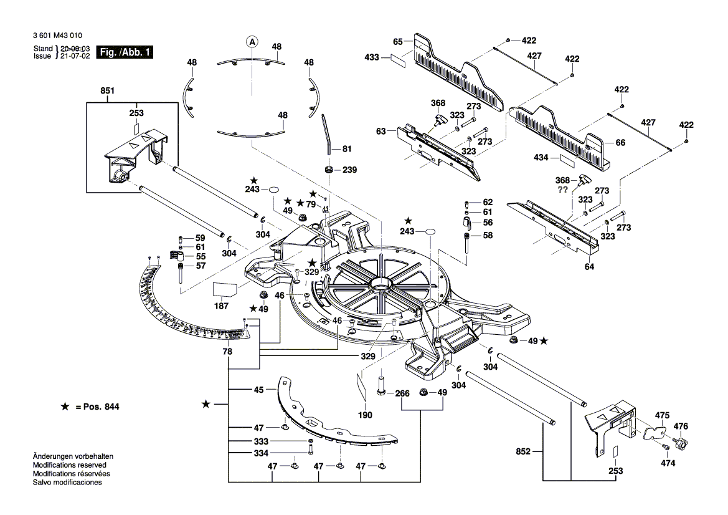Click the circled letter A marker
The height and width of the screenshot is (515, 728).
click(x=252, y=42)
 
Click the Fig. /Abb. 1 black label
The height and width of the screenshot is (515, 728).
click(x=125, y=52)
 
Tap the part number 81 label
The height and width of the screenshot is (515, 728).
click(x=347, y=148)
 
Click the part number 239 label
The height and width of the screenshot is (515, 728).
click(x=350, y=170)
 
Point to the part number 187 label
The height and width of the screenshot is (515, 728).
click(x=221, y=306)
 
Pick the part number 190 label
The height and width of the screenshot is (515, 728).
click(x=365, y=415)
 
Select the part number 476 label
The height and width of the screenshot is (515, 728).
click(x=681, y=426)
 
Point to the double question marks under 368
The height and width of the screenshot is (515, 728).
click(x=562, y=190)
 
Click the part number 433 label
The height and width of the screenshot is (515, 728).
click(x=372, y=57)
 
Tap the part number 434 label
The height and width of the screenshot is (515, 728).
click(x=541, y=158)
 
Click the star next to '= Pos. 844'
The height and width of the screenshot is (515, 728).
click(x=64, y=407)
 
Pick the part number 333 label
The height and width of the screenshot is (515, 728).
click(x=262, y=441)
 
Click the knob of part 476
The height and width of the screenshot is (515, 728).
click(x=680, y=444)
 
